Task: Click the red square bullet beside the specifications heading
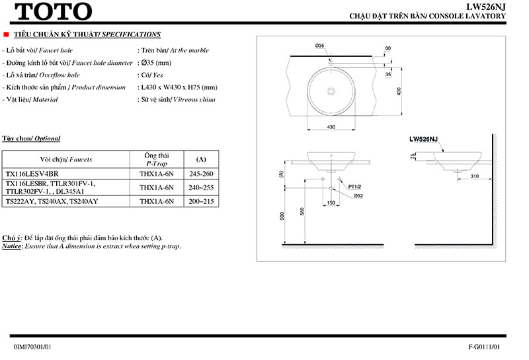click(6, 33)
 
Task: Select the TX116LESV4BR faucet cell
click(32, 175)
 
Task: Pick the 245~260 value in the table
click(202, 175)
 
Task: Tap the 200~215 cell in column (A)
click(202, 201)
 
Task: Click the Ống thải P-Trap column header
click(157, 159)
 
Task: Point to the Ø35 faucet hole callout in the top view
click(319, 46)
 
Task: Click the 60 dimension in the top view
click(388, 48)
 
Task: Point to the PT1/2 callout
click(355, 187)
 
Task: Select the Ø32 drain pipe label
click(358, 196)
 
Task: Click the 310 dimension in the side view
click(475, 177)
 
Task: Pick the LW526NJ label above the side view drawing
click(423, 140)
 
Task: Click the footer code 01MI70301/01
click(32, 346)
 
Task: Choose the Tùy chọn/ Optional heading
click(31, 138)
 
